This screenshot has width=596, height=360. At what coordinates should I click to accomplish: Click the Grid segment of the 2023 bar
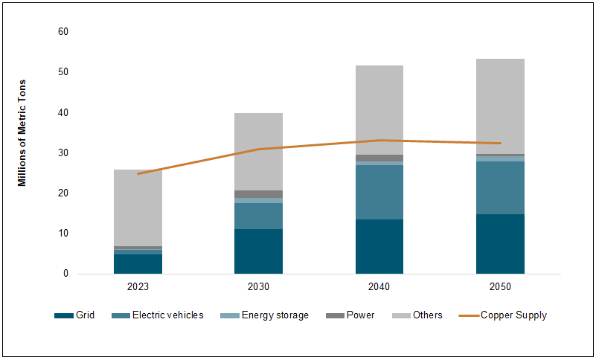138,264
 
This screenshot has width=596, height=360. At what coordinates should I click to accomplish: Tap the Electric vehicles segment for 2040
379,192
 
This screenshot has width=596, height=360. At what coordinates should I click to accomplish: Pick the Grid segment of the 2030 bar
258,251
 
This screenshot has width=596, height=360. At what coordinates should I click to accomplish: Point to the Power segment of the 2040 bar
379,158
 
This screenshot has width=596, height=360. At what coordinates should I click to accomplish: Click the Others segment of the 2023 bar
138,208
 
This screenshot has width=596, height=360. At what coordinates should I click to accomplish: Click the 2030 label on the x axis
258,286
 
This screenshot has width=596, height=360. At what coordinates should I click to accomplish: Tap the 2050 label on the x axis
500,286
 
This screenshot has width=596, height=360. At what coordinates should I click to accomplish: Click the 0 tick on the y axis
65,274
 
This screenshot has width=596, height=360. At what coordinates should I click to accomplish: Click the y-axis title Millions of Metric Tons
23,132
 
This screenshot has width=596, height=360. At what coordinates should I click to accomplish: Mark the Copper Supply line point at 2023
138,173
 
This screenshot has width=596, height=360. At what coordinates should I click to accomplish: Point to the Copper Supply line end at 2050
500,143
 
